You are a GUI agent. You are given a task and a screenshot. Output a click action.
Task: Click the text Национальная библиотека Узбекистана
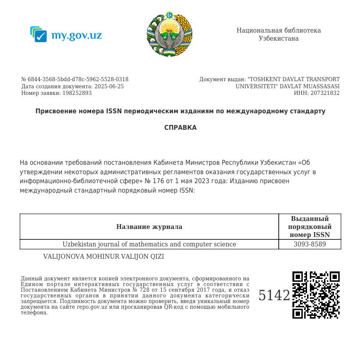279,34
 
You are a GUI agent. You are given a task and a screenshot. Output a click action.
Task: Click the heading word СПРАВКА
180,127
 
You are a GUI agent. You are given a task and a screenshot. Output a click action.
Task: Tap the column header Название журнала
149,227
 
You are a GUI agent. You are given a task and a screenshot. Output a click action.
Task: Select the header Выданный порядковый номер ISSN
309,227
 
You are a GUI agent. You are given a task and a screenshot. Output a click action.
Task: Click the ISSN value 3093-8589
309,244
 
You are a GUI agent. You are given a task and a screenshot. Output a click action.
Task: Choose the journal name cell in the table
149,244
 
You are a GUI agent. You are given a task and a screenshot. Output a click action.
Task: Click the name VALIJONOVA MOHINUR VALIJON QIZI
103,256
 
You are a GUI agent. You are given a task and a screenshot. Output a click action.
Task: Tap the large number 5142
274,295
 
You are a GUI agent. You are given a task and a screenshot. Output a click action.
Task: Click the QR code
316,295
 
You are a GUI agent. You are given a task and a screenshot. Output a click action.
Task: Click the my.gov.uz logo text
76,35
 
